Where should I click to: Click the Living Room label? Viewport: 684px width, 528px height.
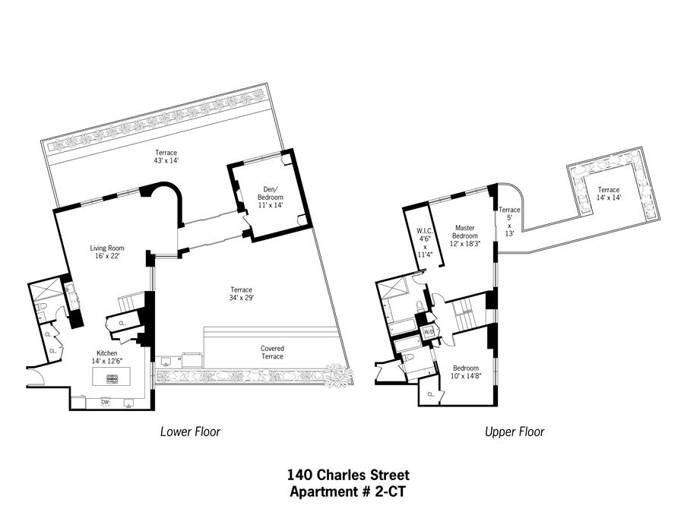[107, 252]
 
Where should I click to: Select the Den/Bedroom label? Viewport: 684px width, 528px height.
[271, 197]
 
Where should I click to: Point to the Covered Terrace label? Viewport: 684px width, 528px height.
[272, 353]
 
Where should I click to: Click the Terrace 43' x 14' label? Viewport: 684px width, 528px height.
[166, 157]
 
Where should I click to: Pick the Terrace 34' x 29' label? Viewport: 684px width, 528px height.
[241, 294]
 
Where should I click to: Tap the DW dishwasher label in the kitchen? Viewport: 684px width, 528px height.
[105, 402]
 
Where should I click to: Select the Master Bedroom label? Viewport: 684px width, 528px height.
[465, 236]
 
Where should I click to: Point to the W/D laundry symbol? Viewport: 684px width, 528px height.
[429, 332]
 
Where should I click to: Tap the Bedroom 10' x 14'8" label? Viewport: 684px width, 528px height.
[465, 372]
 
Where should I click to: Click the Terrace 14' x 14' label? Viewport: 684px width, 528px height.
[609, 194]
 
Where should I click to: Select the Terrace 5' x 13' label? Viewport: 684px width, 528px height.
[509, 222]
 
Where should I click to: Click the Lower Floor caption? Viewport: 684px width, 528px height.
[190, 432]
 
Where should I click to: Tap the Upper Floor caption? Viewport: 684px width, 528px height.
[515, 432]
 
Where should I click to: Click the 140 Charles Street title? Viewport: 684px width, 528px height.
[348, 474]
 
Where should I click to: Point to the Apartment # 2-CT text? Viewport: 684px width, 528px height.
[348, 492]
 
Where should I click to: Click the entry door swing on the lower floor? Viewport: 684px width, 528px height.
[36, 376]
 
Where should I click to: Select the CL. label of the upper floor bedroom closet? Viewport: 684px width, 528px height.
[431, 394]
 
